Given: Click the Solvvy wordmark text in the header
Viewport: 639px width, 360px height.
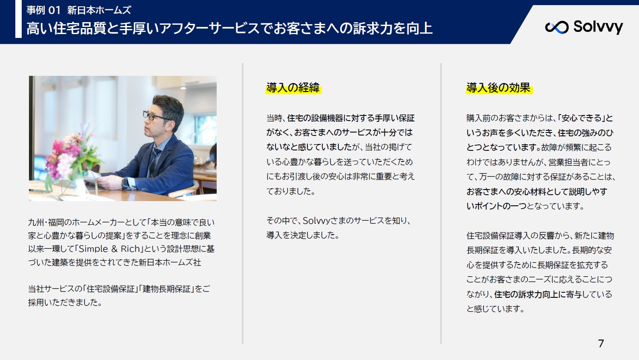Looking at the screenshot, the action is (x=598, y=27).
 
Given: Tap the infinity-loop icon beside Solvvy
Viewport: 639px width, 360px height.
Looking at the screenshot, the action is (x=556, y=27).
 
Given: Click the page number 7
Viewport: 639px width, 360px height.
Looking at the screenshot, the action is (x=601, y=343).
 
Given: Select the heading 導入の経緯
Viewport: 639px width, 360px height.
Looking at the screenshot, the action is (x=293, y=88).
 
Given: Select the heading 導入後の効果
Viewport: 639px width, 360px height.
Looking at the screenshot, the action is (x=499, y=88).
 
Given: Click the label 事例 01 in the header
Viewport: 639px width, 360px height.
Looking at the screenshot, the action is (x=43, y=10).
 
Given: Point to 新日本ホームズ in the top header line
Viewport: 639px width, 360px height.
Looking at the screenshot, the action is (x=99, y=10).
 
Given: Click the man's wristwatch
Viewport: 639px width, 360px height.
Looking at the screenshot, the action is (x=125, y=183).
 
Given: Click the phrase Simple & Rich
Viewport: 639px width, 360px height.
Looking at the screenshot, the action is (x=109, y=249).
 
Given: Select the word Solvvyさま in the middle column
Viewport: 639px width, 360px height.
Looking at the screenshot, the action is (x=325, y=220).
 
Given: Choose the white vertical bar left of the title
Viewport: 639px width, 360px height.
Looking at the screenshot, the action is (x=18, y=19).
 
